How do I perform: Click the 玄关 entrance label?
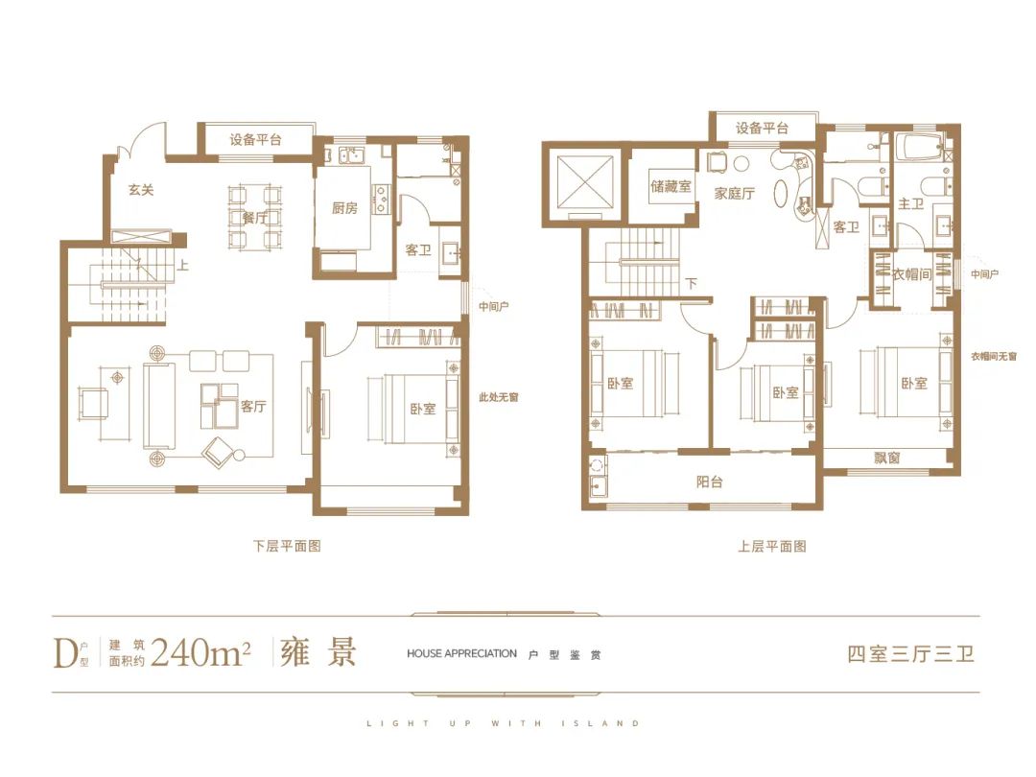(141, 190)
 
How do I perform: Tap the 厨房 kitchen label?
(344, 209)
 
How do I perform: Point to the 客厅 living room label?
(253, 407)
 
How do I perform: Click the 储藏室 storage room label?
(671, 186)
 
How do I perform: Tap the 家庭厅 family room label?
(734, 194)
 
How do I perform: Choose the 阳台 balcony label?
(709, 483)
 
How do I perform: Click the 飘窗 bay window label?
(886, 458)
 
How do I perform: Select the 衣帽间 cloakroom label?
(911, 274)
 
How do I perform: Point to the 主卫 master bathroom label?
(910, 204)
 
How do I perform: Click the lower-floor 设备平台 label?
(256, 140)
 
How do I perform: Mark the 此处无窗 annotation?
(499, 398)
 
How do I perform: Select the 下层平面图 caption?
(288, 547)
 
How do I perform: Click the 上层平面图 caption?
(771, 547)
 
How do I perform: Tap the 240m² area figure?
(200, 653)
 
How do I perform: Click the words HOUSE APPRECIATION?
(461, 653)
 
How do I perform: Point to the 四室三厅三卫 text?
(911, 654)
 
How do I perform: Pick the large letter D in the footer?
(65, 653)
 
